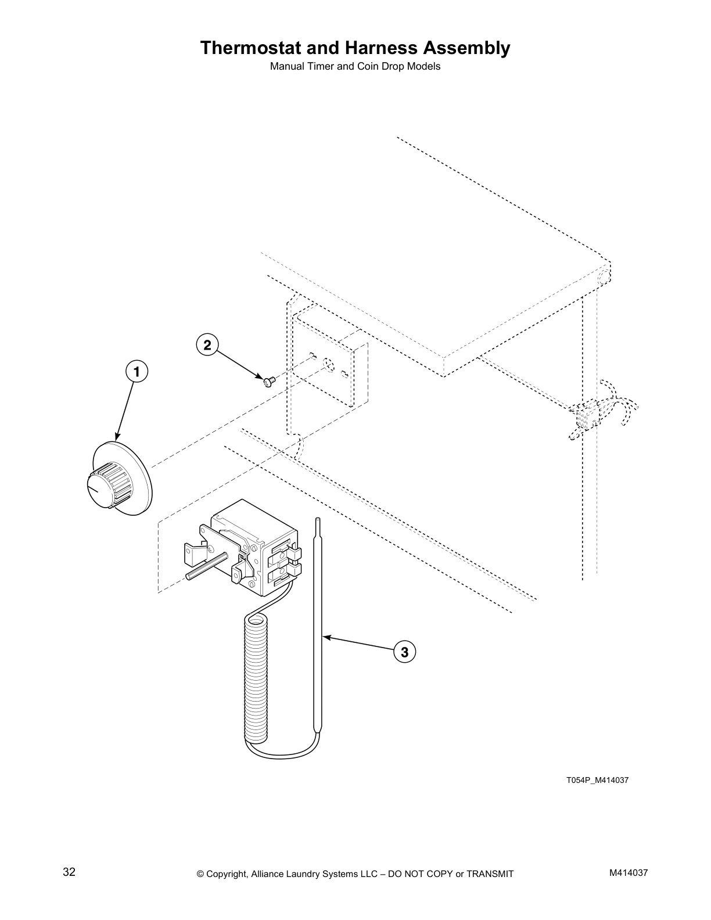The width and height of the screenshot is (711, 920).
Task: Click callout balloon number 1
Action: point(137,371)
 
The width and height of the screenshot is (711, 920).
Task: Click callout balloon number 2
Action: point(206,344)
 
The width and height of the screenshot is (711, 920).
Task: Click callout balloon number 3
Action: point(404,652)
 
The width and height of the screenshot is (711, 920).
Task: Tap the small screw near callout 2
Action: point(268,381)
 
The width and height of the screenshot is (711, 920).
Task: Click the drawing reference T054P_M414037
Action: point(597,780)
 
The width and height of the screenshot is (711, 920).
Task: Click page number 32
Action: point(69,872)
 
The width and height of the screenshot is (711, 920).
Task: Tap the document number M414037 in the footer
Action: point(628,873)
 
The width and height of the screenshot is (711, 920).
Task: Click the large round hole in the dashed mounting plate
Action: point(328,364)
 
